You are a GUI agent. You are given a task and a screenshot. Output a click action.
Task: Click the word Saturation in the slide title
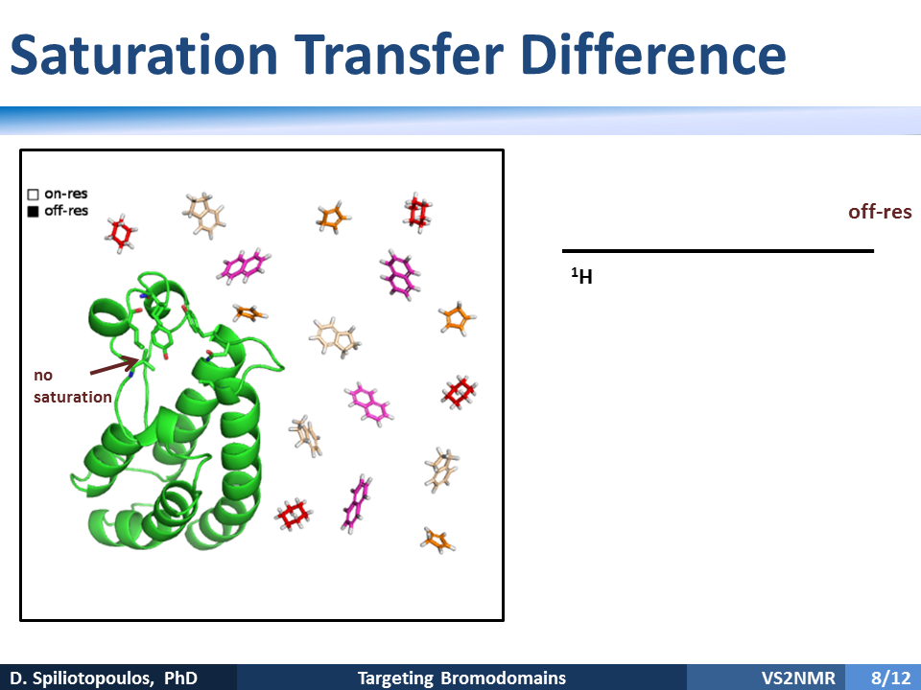pyautogui.click(x=144, y=55)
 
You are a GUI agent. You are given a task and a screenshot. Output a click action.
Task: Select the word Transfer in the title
pyautogui.click(x=399, y=55)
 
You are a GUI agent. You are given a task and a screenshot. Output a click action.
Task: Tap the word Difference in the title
pyautogui.click(x=653, y=55)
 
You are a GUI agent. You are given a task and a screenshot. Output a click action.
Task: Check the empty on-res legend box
pyautogui.click(x=33, y=195)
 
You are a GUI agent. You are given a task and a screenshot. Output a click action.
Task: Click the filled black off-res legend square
pyautogui.click(x=33, y=211)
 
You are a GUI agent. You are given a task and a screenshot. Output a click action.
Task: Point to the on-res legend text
pyautogui.click(x=66, y=194)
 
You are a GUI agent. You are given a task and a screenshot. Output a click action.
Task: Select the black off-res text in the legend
pyautogui.click(x=66, y=211)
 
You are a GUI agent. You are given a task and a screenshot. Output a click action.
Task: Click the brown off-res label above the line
pyautogui.click(x=880, y=212)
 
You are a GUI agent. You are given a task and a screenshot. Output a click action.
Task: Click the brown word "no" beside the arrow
pyautogui.click(x=43, y=376)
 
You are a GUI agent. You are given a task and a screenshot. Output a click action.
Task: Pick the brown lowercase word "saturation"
pyautogui.click(x=73, y=397)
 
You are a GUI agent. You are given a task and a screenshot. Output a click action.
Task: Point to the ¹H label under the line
pyautogui.click(x=582, y=276)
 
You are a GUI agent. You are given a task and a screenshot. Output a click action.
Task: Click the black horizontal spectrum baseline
pyautogui.click(x=718, y=251)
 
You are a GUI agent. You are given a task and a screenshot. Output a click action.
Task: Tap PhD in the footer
pyautogui.click(x=180, y=678)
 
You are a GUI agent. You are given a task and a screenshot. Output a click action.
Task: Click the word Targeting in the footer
pyautogui.click(x=395, y=678)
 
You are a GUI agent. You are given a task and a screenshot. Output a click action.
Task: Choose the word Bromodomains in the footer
pyautogui.click(x=504, y=678)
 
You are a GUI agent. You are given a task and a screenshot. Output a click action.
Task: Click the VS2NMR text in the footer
pyautogui.click(x=798, y=678)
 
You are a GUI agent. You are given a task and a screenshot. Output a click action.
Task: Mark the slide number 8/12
pyautogui.click(x=890, y=678)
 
